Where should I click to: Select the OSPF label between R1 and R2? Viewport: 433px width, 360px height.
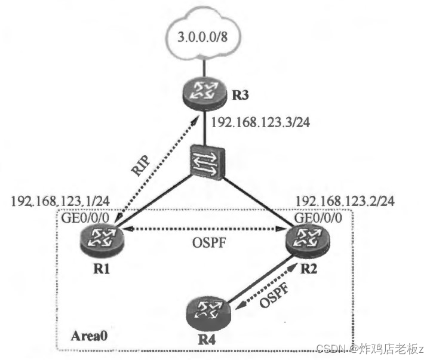(205, 245)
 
